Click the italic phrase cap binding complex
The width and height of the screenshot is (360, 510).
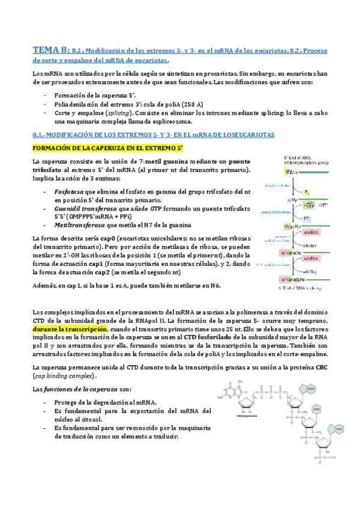click(x=64, y=375)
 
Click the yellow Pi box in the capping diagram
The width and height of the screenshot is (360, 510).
click(x=306, y=192)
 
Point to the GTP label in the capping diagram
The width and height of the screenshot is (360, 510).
click(x=323, y=205)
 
